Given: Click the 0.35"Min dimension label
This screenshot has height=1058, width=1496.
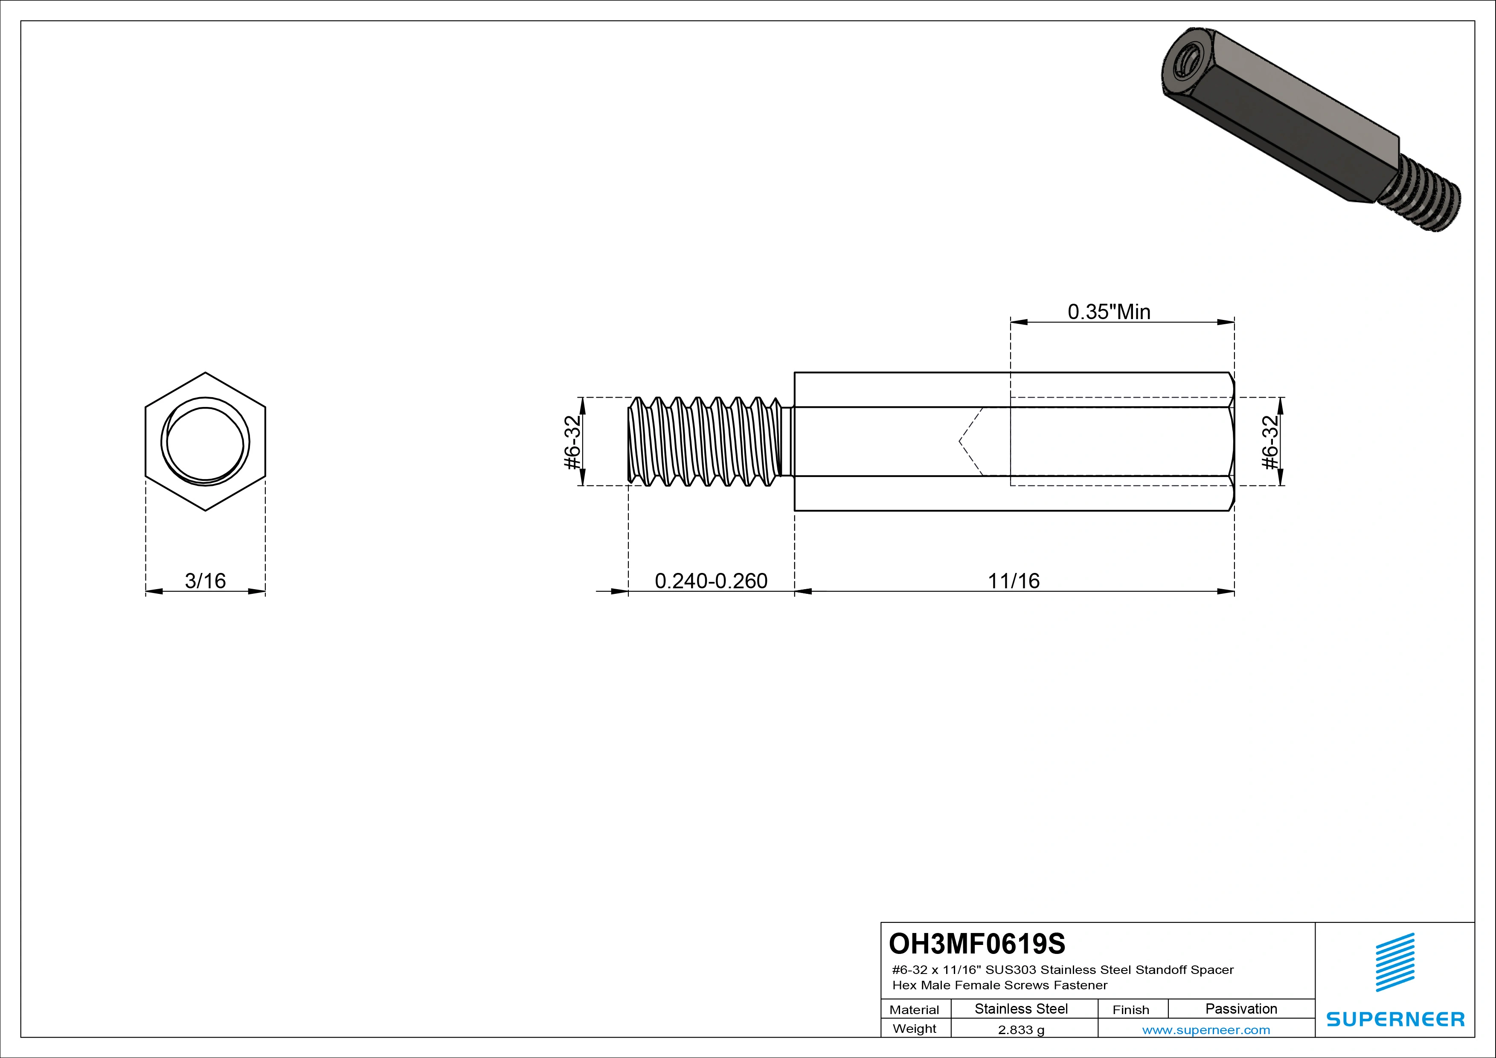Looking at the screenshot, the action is [1109, 312].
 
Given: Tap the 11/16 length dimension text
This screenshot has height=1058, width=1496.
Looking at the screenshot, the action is [1014, 581].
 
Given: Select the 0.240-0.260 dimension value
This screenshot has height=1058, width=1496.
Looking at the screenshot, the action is [711, 581].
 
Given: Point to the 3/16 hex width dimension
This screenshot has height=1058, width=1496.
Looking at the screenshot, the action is [205, 581].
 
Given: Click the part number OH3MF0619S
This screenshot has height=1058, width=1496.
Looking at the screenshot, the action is [977, 943].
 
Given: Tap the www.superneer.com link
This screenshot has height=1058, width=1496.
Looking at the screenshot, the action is [1206, 1030].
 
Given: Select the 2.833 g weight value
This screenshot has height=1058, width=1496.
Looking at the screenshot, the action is [1021, 1030].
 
